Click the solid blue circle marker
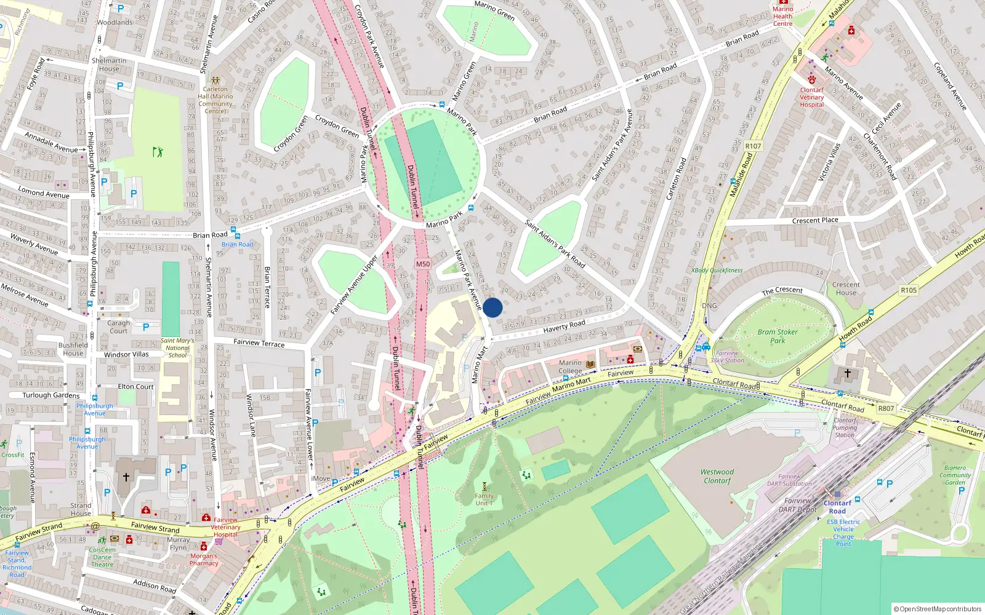tap(492, 307)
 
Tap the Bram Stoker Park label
tap(778, 336)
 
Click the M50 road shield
tap(422, 264)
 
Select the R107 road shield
tap(753, 146)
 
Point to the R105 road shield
tap(909, 290)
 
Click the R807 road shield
tap(886, 408)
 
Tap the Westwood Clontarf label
tap(717, 477)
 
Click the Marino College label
tap(570, 367)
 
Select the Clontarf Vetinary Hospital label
tap(811, 97)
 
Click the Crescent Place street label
tap(815, 220)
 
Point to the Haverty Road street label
tap(564, 326)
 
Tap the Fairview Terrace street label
tap(259, 343)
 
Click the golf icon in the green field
tap(158, 151)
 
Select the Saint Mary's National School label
tap(177, 348)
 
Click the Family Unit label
tap(484, 499)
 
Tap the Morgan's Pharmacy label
tap(204, 560)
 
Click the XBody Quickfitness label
tap(717, 270)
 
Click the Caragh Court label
tap(118, 327)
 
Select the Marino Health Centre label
tap(782, 16)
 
